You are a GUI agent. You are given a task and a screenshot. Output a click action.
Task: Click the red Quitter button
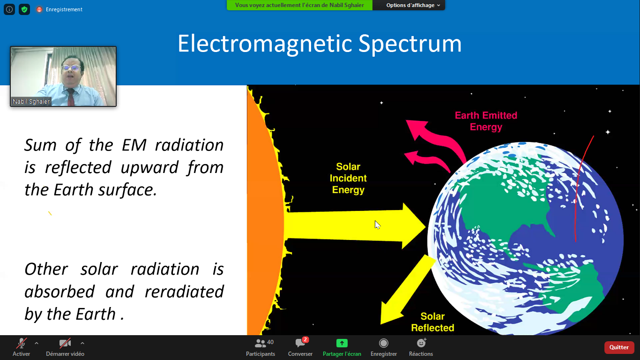(619, 347)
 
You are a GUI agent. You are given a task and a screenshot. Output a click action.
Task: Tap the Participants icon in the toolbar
(260, 343)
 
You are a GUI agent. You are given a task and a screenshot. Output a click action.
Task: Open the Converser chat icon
(300, 343)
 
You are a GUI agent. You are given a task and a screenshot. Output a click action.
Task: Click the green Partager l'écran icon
(342, 343)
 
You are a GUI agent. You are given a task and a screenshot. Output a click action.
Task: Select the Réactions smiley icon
(421, 343)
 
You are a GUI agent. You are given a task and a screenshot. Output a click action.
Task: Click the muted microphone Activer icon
(22, 343)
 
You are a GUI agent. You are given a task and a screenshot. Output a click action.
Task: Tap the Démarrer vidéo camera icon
(65, 343)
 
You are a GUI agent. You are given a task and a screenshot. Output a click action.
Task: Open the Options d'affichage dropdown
(413, 5)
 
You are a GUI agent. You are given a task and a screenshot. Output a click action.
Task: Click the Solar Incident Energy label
(348, 178)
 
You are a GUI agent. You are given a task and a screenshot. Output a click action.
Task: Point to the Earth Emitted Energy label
(486, 121)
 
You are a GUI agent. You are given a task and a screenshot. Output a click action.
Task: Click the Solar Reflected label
(432, 322)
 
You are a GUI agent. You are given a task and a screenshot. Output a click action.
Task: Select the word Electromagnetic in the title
(265, 44)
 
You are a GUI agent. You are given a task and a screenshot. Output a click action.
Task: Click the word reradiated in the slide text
(184, 292)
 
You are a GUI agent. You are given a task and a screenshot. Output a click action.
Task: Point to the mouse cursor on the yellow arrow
(377, 225)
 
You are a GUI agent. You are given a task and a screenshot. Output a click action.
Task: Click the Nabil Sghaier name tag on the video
(31, 102)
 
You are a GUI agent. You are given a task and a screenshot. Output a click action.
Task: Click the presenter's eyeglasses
(71, 68)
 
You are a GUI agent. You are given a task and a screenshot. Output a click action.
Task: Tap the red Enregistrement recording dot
(39, 9)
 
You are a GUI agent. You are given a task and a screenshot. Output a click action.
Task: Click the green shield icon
(24, 9)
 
